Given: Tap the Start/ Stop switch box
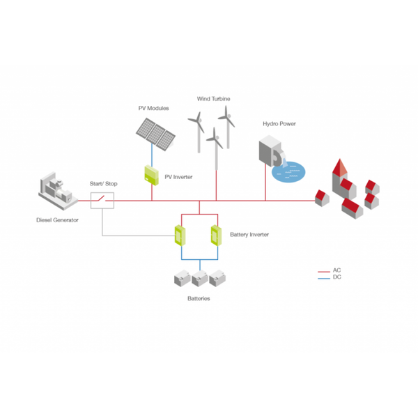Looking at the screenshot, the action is [102, 201].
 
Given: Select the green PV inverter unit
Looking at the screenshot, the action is [151, 175].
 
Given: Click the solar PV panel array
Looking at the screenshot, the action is [155, 134].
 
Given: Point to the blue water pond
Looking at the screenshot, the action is [288, 172].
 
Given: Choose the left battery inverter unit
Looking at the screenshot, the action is [180, 235].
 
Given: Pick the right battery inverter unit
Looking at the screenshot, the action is [216, 235].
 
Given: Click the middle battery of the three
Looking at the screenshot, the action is [200, 279].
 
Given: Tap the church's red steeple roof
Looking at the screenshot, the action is [340, 167].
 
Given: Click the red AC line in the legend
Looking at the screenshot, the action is [324, 272].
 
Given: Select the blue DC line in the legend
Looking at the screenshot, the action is [324, 279].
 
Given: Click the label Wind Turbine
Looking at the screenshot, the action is [214, 99].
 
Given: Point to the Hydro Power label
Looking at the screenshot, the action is [279, 124].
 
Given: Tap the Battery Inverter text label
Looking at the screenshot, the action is [249, 235].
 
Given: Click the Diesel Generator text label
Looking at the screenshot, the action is [57, 220].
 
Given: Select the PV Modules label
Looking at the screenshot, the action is [153, 108].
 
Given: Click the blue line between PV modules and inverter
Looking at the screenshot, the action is [152, 155].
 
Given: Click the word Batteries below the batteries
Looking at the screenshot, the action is [199, 299].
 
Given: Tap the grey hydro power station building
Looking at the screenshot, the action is [271, 151].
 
